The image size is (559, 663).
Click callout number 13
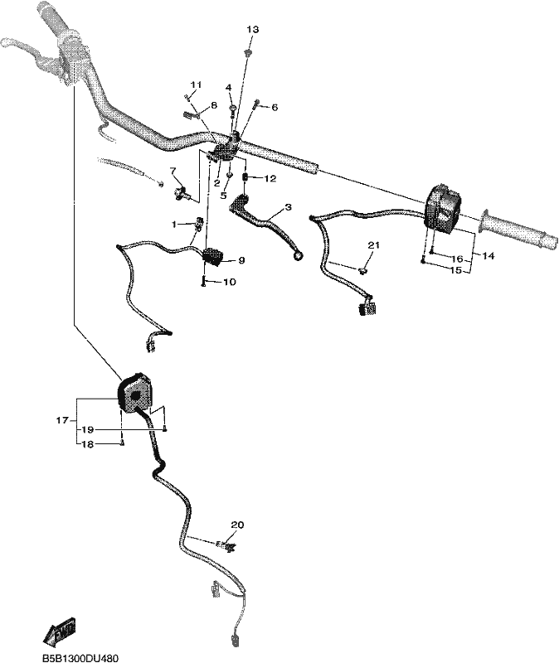252,30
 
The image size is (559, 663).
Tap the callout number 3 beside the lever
288,207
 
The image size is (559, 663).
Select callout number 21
374,245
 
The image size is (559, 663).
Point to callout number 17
61,421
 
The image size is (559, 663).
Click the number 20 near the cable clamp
237,525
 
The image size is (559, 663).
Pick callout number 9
241,260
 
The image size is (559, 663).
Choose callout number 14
488,256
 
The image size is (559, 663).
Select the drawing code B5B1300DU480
80,658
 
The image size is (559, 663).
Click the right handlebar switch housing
443,209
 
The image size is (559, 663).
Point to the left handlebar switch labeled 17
135,393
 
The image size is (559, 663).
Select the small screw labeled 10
203,280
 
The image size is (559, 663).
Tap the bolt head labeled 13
248,52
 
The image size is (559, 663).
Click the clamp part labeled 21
363,270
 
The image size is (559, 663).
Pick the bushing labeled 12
245,177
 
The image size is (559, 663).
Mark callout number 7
173,171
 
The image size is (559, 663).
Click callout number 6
275,108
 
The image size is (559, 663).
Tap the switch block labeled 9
214,258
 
